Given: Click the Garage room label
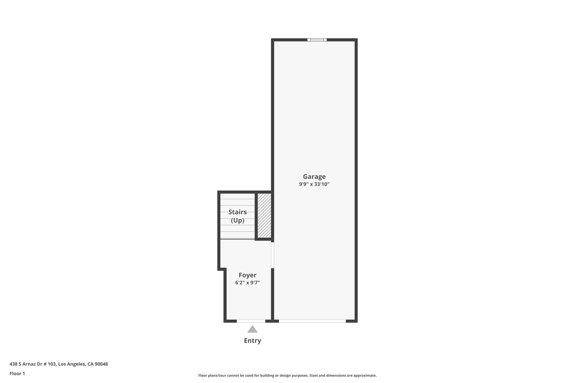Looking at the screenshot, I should [314, 176].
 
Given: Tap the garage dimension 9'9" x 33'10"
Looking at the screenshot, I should [314, 184].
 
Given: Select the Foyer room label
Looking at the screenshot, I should [247, 275].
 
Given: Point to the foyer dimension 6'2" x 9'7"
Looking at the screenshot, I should [247, 283].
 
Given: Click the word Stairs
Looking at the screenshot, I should [238, 212].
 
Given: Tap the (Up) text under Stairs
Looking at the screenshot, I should [238, 221].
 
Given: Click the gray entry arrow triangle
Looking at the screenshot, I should [252, 329].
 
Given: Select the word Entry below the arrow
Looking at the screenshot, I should [252, 341].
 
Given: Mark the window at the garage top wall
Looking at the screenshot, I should [317, 40].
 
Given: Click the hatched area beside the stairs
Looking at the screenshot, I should [264, 215].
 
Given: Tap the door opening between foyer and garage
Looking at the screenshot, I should [272, 255].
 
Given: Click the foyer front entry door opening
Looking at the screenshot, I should [251, 321].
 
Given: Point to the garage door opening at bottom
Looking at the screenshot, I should [312, 321].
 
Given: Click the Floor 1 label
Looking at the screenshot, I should [17, 373].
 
